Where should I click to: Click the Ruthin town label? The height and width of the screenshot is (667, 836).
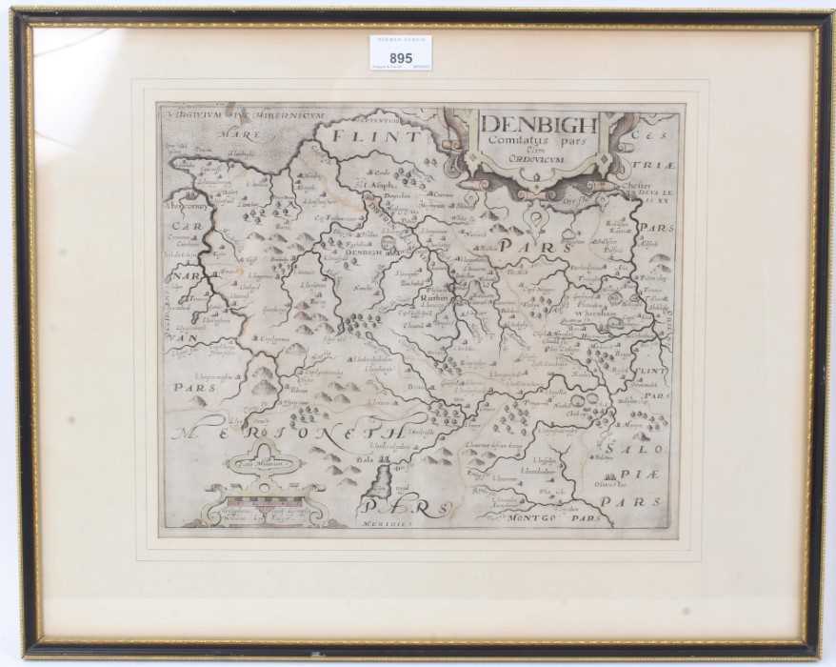coord(432,298)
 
